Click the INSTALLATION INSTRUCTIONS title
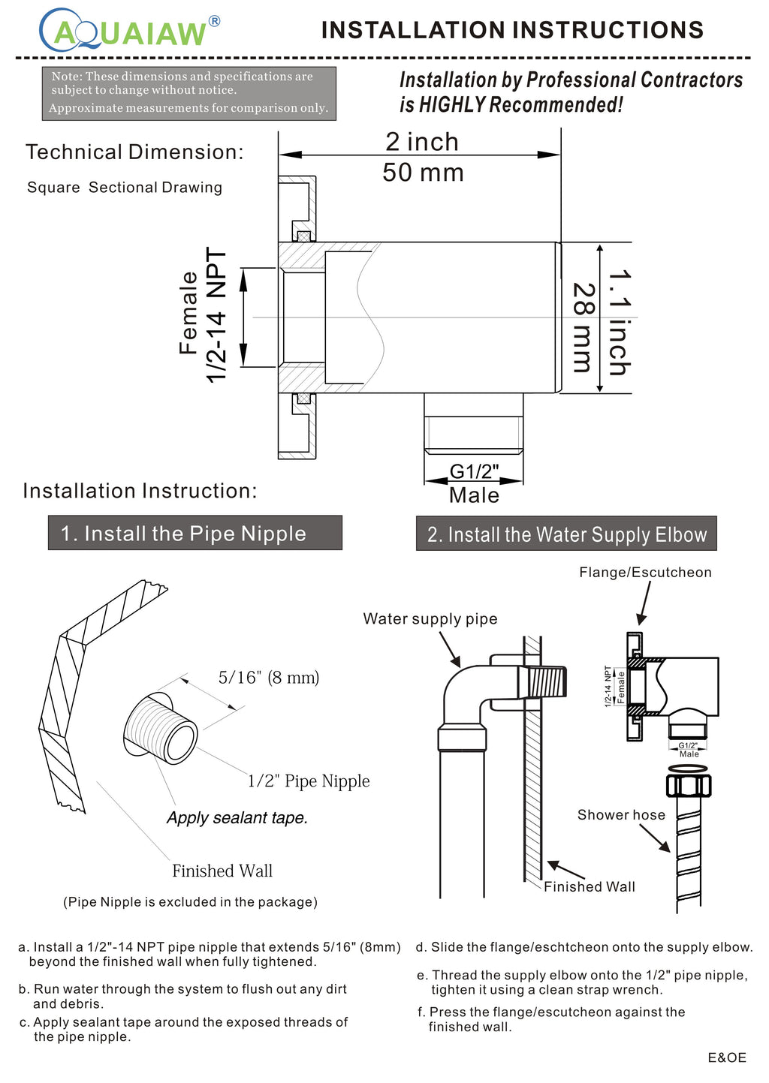pos(512,30)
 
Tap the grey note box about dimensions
pos(188,92)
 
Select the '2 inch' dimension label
pos(421,141)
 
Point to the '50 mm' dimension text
pos(423,173)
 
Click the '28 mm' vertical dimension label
pos(584,327)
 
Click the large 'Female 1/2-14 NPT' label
pos(203,315)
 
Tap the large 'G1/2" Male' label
pos(474,483)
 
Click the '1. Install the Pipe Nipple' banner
pos(195,533)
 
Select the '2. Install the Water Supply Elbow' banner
pos(566,534)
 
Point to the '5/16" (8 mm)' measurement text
pos(269,678)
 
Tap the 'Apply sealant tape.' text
pos(237,818)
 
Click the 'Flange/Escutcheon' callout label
pos(645,572)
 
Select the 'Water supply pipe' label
pos(430,618)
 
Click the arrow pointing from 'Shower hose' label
pos(655,838)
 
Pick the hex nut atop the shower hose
pos(688,785)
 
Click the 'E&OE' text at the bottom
pos(726,1057)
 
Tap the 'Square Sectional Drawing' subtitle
pos(125,188)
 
